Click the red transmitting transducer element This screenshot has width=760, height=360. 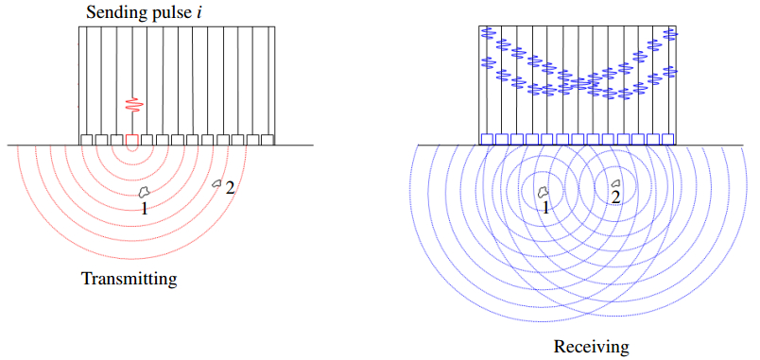pyautogui.click(x=131, y=140)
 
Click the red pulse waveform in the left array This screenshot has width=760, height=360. pyautogui.click(x=132, y=105)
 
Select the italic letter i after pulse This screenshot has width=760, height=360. pyautogui.click(x=199, y=11)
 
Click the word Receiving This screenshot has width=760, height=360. pyautogui.click(x=592, y=347)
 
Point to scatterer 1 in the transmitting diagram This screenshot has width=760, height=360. pyautogui.click(x=144, y=192)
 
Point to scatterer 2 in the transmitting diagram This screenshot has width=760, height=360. pyautogui.click(x=217, y=183)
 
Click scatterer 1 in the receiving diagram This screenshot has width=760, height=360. pyautogui.click(x=544, y=192)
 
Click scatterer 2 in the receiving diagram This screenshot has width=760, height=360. pyautogui.click(x=616, y=183)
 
